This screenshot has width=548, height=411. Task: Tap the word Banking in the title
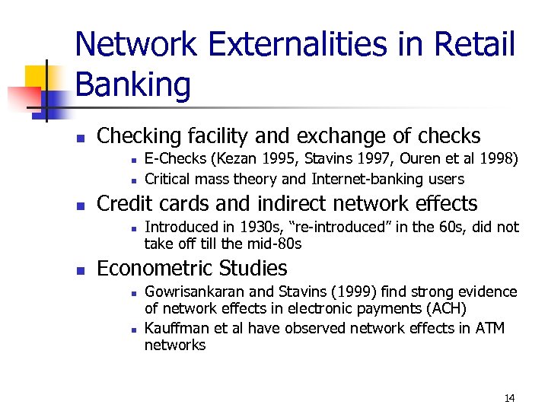click(x=133, y=84)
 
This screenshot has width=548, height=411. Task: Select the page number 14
click(x=509, y=398)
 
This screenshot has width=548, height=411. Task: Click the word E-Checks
click(x=175, y=159)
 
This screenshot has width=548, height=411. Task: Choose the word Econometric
click(x=155, y=268)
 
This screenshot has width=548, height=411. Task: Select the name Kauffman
click(x=174, y=328)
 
